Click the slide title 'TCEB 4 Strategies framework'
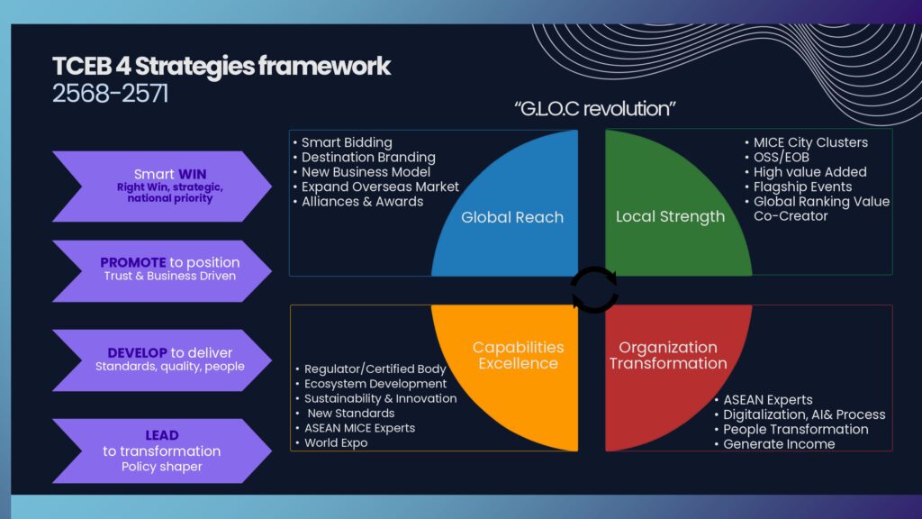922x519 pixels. [221, 67]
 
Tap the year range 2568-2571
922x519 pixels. [110, 94]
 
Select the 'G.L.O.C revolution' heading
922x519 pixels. [595, 109]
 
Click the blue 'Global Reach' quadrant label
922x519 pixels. [512, 217]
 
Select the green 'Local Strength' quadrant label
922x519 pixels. [670, 216]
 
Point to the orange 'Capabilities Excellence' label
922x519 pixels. [518, 355]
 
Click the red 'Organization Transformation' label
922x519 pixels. [668, 355]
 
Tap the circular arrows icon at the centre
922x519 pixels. [594, 291]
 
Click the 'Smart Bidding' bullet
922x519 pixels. [347, 142]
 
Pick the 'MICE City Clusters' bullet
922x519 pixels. [810, 142]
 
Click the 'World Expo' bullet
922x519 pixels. [335, 443]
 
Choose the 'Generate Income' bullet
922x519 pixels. [779, 443]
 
